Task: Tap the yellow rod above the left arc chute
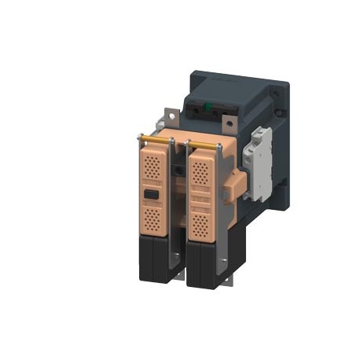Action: pyautogui.click(x=156, y=141)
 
